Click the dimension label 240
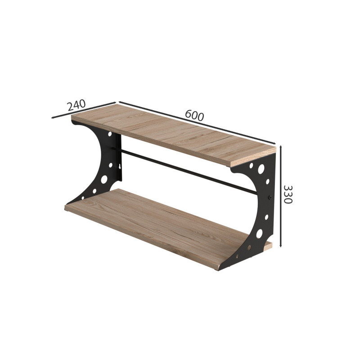click(x=76, y=105)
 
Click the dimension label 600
click(x=194, y=115)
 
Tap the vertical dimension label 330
click(x=288, y=194)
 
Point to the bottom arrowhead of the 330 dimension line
click(x=280, y=245)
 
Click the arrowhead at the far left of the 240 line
click(x=53, y=117)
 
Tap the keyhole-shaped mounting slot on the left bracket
click(x=120, y=166)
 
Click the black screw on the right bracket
click(x=270, y=197)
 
